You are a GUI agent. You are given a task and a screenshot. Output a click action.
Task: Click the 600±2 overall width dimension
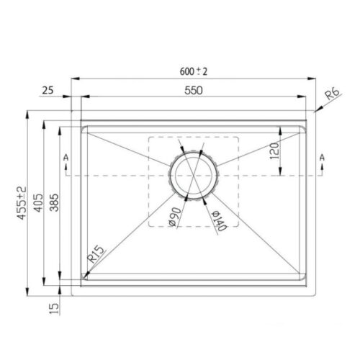pos(192,71)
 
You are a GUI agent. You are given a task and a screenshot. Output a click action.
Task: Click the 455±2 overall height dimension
pos(21,203)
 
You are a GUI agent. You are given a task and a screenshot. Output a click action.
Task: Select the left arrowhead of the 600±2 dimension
pos(73,79)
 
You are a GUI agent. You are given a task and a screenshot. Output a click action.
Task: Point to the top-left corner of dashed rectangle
pos(148,136)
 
